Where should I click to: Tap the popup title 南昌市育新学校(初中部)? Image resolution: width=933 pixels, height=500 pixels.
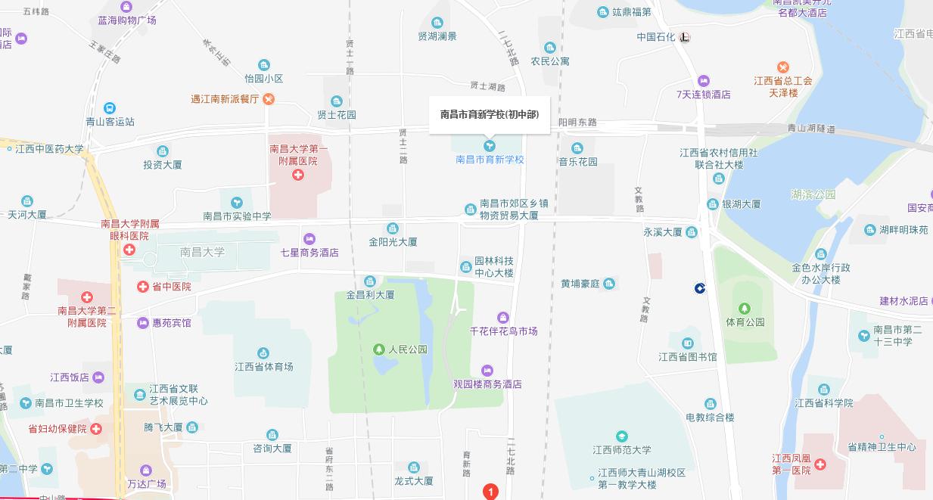tap(490, 115)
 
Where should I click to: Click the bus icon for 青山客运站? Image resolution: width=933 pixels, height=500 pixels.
tap(110, 108)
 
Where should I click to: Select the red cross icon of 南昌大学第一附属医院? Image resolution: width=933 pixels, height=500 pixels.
tap(298, 175)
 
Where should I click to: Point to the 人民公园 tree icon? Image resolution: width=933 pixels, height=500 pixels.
tap(379, 349)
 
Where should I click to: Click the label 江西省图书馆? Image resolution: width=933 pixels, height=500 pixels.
tap(687, 357)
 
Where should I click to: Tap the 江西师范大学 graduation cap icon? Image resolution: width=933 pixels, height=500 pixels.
tap(621, 436)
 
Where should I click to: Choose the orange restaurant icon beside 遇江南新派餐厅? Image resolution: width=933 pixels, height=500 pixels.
tap(269, 99)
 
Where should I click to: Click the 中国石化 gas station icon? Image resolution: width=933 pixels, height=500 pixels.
tap(685, 37)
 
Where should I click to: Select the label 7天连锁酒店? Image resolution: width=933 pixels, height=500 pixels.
tap(704, 95)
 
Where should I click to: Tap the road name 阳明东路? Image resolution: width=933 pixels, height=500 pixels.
tap(577, 123)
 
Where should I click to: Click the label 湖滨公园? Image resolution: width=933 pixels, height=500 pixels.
tap(813, 194)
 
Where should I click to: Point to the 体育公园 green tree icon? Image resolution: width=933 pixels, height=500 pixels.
tap(745, 309)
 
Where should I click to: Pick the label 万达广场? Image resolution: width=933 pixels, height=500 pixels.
tap(146, 484)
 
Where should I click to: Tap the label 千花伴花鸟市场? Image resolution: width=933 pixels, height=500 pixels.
tap(503, 331)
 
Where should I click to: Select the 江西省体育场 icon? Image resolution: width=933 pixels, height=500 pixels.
tap(263, 353)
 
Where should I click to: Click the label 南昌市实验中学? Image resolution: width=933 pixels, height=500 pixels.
tap(237, 216)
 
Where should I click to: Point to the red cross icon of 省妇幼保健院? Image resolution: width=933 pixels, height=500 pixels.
tap(96, 429)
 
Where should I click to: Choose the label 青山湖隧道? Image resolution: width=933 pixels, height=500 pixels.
tap(811, 129)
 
